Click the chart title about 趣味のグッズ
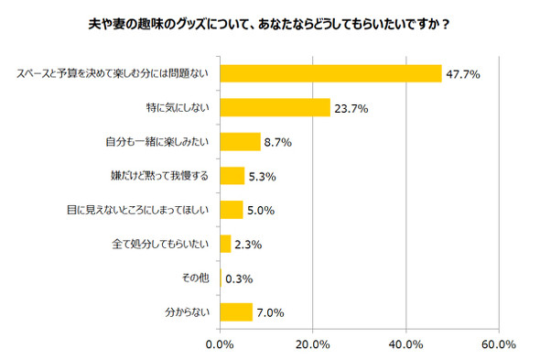coord(270,24)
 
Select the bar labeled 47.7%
coord(330,74)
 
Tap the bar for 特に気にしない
coord(275,108)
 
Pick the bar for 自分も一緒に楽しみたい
coord(241,142)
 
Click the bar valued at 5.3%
coord(232,176)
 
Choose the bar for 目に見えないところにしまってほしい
coord(232,210)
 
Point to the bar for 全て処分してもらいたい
coord(225,244)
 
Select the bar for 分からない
coord(236,311)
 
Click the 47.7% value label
coord(464,74)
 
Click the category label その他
coord(197,278)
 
